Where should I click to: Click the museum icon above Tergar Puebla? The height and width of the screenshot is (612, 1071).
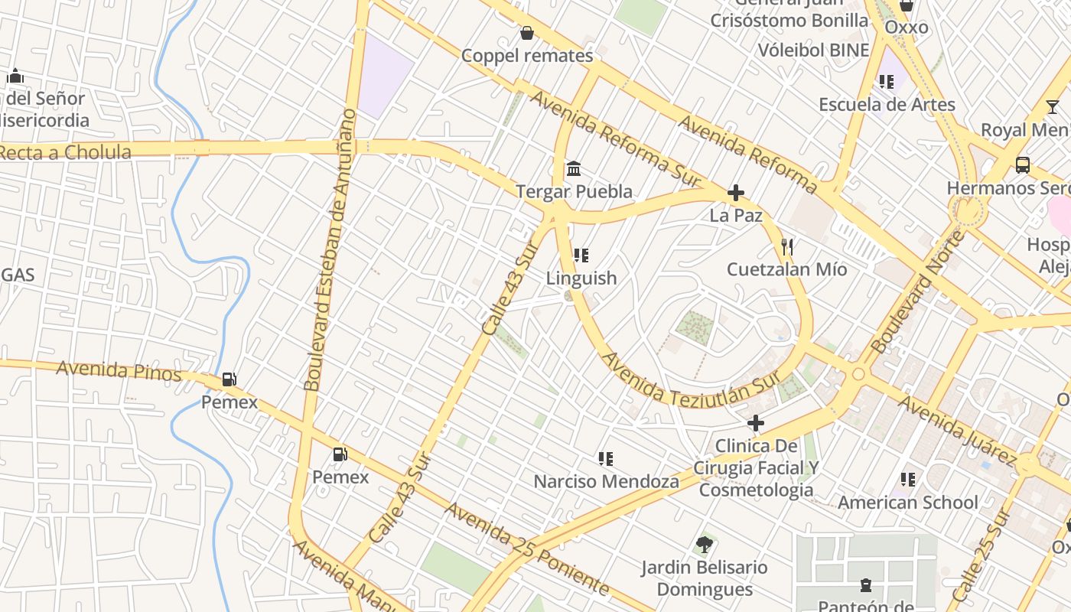click(x=574, y=168)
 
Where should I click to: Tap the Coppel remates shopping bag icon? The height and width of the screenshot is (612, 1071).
click(x=526, y=33)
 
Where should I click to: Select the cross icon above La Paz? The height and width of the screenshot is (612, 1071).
click(x=736, y=193)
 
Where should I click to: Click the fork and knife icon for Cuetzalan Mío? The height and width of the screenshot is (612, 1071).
click(x=787, y=247)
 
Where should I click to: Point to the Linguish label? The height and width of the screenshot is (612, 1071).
click(x=581, y=278)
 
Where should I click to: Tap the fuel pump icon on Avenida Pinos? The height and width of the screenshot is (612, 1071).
click(x=229, y=379)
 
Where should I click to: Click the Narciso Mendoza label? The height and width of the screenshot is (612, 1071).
click(x=606, y=482)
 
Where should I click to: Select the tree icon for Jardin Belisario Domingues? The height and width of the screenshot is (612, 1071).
click(x=705, y=545)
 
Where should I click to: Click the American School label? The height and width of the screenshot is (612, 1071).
click(x=908, y=503)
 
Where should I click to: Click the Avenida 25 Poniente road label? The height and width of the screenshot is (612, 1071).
click(x=528, y=549)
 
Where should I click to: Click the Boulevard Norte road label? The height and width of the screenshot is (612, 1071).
click(x=918, y=292)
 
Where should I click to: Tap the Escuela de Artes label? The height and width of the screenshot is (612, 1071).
click(x=887, y=105)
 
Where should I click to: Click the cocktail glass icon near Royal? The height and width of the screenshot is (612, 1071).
click(x=1053, y=107)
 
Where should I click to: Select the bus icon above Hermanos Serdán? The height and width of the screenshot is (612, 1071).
click(x=1022, y=164)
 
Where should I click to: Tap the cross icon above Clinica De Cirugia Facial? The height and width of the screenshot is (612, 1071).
click(x=756, y=423)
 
